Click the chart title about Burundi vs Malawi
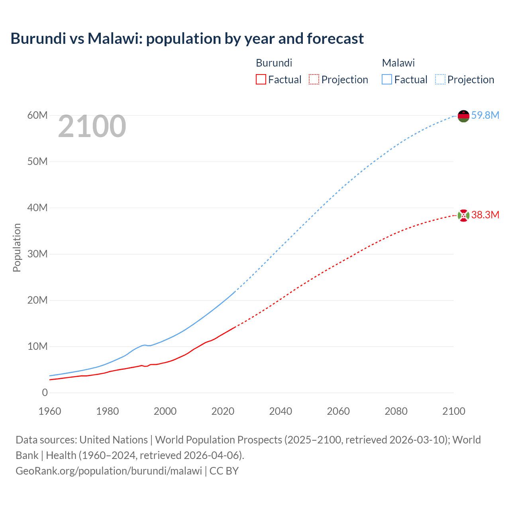click(x=187, y=39)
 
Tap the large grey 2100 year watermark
click(x=92, y=126)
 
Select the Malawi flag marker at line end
click(x=463, y=116)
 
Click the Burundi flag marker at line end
click(x=463, y=216)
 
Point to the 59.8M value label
click(x=485, y=116)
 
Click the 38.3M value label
click(x=485, y=215)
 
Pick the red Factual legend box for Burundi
click(x=261, y=79)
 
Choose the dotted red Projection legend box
click(x=314, y=79)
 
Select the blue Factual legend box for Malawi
click(x=386, y=79)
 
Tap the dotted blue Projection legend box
click(x=440, y=79)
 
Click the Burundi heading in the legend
click(x=274, y=63)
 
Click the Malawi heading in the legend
click(x=398, y=63)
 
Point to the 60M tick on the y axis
click(x=37, y=116)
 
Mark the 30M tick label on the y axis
click(x=37, y=254)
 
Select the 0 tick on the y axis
click(x=45, y=393)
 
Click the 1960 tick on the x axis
click(x=50, y=411)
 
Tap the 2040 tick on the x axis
click(x=280, y=411)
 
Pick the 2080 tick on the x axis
click(x=396, y=411)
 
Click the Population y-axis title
click(x=17, y=247)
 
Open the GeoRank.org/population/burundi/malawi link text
click(x=109, y=471)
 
